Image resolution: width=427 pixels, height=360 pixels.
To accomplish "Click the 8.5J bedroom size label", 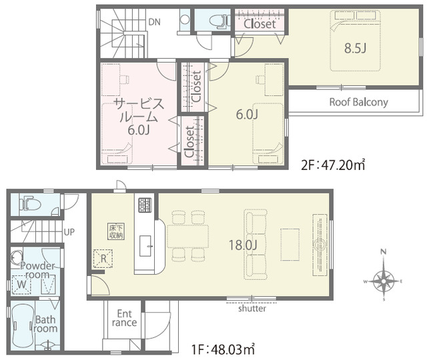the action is point(355,48).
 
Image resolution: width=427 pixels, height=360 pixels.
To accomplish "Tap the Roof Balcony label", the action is point(359,102).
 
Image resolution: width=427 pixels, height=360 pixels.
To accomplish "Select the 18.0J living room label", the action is point(243,245).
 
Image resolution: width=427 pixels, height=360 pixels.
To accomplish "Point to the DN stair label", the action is point(154,22).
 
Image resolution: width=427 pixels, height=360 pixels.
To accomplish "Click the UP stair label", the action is point(69,232).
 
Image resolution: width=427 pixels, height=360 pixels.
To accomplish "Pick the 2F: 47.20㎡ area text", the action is point(333,165).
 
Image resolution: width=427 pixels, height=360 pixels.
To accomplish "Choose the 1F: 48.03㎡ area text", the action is point(224,349).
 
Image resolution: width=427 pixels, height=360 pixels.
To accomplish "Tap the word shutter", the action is point(252,308).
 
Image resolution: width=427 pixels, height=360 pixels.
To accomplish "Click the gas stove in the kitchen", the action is point(145,205).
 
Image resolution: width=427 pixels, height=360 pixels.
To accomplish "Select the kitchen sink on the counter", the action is point(145,246).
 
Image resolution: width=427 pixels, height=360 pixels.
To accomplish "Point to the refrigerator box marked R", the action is point(103,259).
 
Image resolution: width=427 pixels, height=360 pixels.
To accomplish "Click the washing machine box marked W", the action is point(21,285).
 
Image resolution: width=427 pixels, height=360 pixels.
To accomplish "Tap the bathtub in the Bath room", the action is point(23,325).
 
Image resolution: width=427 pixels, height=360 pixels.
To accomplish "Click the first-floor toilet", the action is point(29,203).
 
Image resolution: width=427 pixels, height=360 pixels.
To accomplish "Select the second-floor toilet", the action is point(220,20).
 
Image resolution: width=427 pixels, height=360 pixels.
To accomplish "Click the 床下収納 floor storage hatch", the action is point(116,231).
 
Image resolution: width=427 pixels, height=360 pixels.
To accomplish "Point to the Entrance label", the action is point(124,318).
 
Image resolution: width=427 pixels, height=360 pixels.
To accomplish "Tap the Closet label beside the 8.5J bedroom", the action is point(260,24).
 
